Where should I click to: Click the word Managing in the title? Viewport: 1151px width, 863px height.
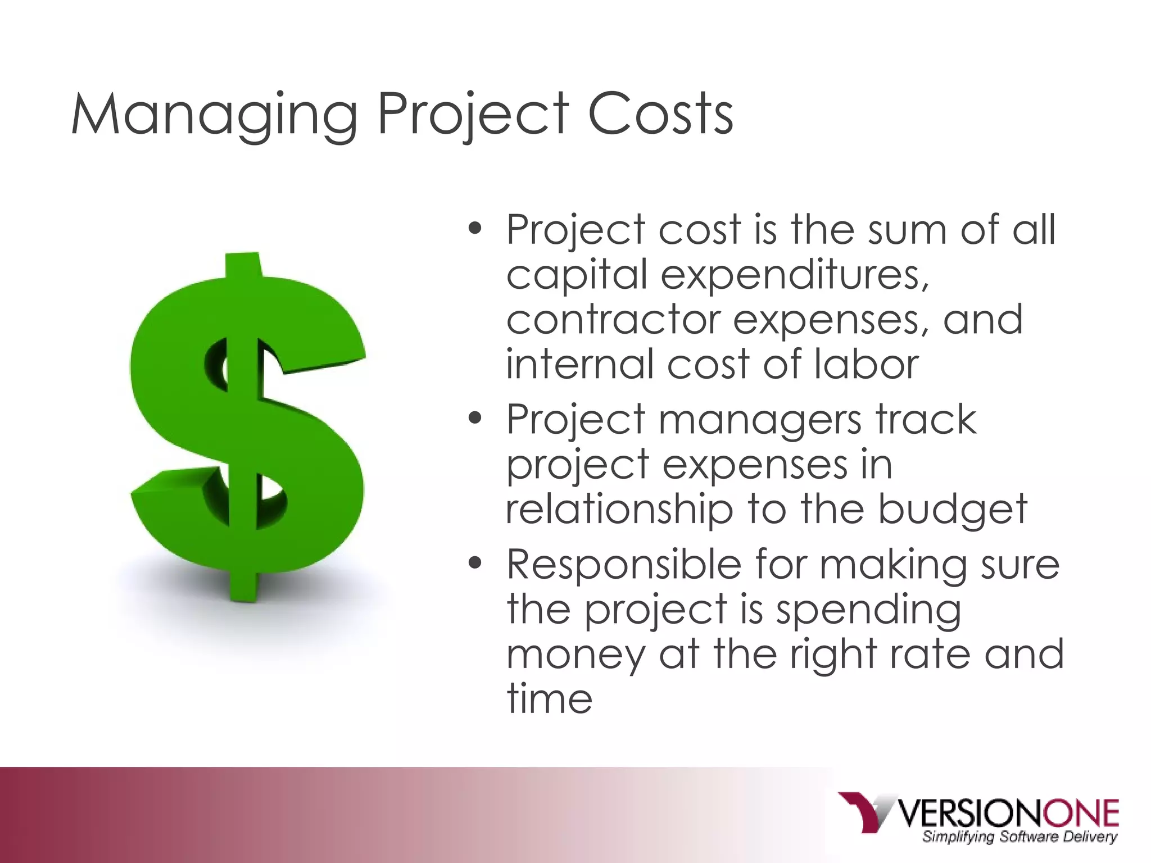[x=214, y=115]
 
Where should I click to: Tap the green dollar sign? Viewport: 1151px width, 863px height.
[x=247, y=427]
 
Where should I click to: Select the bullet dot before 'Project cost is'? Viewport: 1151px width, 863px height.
[x=475, y=229]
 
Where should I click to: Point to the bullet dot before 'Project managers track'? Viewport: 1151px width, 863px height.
[x=475, y=418]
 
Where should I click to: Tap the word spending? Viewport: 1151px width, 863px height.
[x=868, y=610]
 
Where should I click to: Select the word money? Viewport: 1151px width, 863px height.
[x=576, y=655]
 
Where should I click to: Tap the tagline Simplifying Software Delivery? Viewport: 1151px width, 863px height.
[x=1019, y=837]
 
